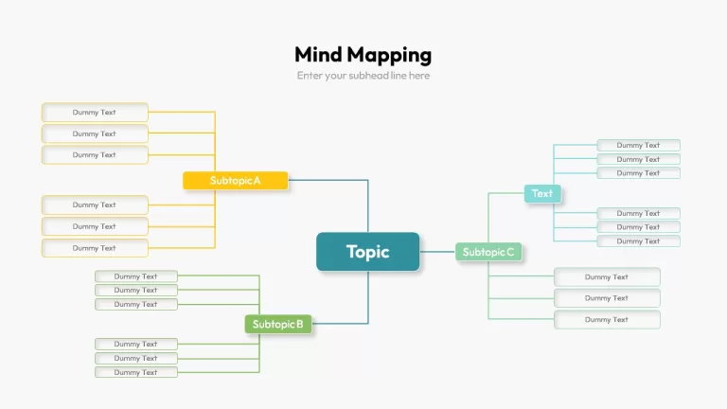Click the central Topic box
click(x=367, y=252)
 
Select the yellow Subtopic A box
click(x=235, y=181)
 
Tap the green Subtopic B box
click(x=278, y=324)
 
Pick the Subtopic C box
click(x=488, y=252)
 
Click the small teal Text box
click(x=542, y=193)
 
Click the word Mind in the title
click(x=318, y=54)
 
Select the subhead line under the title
click(x=363, y=76)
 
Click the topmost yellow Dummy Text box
click(x=95, y=113)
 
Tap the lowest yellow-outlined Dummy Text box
click(x=95, y=248)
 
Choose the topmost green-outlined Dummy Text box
click(x=136, y=276)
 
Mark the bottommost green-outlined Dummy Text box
click(x=136, y=372)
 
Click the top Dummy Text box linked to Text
click(x=638, y=145)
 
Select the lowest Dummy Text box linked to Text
click(x=638, y=241)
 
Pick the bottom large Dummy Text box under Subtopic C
click(x=607, y=319)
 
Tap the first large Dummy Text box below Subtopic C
click(x=607, y=276)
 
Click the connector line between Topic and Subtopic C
click(x=437, y=252)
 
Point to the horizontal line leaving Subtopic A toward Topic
click(x=328, y=180)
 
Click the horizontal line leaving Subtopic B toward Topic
click(x=341, y=323)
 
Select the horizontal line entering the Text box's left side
click(x=506, y=193)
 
